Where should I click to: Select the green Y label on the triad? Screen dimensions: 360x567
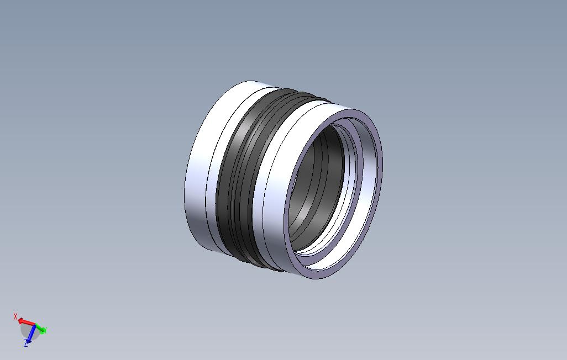(x=44, y=330)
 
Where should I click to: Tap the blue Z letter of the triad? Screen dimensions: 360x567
(x=26, y=344)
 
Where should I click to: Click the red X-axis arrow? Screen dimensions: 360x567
(x=26, y=321)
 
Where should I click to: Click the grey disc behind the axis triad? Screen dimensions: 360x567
(x=27, y=331)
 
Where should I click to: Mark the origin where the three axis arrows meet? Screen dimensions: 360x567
(x=35, y=325)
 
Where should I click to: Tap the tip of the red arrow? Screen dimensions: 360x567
(x=19, y=320)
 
